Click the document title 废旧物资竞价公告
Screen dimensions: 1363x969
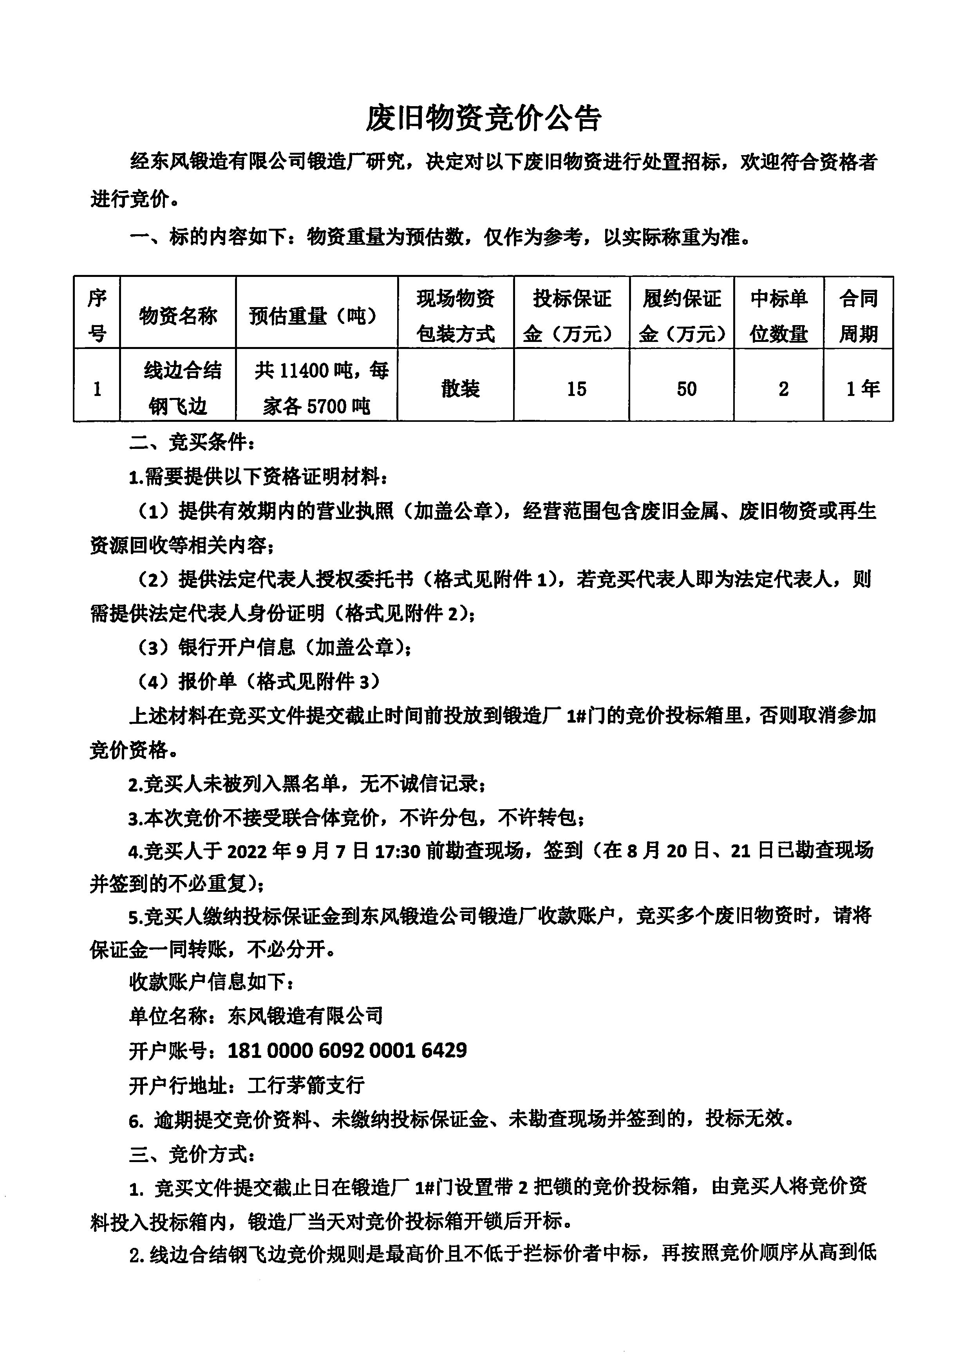point(483,119)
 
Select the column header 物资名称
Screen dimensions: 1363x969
point(178,316)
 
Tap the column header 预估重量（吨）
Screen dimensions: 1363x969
point(316,316)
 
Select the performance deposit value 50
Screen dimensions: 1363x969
point(686,389)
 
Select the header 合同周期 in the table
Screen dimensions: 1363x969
point(858,316)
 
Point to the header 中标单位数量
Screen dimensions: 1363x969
point(779,316)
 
